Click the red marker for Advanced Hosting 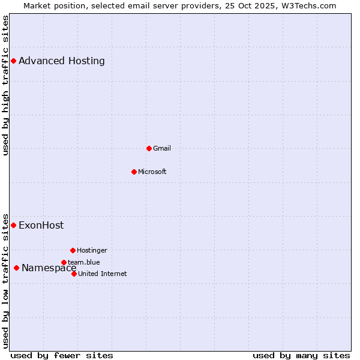pos(13,61)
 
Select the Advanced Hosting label pos(62,61)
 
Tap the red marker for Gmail pos(149,148)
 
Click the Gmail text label pos(162,148)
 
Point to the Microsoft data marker pos(134,172)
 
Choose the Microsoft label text pos(152,172)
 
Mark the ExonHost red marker pos(13,225)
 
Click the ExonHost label pos(41,226)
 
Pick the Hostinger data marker pos(73,250)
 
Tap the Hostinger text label pos(92,250)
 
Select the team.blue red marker pos(64,262)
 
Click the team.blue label pos(84,262)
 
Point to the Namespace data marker pos(16,268)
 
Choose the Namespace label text pos(49,268)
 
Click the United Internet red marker pos(74,274)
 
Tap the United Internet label pos(102,274)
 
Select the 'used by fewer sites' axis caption pos(62,355)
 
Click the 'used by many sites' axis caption pos(301,355)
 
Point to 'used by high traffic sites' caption pos(6,85)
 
